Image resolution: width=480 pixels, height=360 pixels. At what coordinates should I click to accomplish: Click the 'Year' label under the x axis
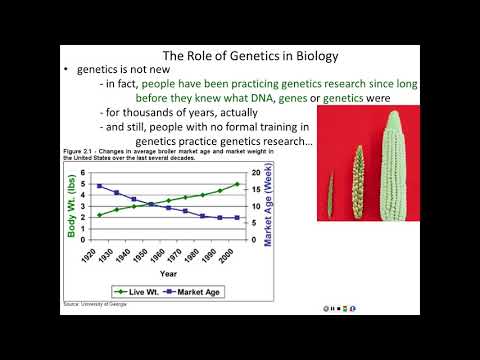point(168,272)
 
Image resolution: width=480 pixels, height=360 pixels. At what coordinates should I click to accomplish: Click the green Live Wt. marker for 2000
point(236,184)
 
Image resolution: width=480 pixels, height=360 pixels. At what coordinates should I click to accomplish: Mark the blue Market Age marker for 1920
point(98,186)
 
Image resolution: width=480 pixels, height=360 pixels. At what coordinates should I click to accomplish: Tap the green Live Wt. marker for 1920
point(98,215)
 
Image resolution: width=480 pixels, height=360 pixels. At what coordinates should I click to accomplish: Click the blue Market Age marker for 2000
point(236,217)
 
